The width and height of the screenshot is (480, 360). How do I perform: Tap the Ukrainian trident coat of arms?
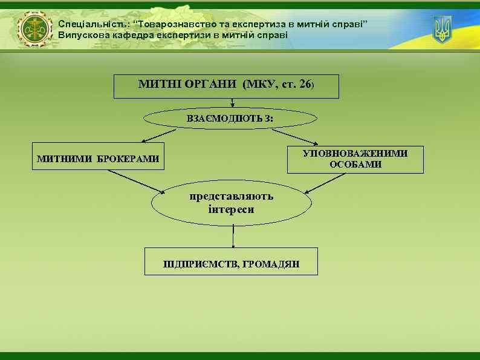442,30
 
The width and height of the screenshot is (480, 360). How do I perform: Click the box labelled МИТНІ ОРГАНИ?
226,86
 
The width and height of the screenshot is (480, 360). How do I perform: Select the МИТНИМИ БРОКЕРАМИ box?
99,159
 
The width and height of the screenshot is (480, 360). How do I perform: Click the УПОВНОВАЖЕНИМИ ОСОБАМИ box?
355,159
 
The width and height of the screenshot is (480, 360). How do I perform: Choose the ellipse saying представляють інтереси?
231,203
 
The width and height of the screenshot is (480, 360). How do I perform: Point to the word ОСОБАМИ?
355,165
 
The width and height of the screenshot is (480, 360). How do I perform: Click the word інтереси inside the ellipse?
231,209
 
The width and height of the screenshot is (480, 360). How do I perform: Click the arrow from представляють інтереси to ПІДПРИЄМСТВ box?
233,236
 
